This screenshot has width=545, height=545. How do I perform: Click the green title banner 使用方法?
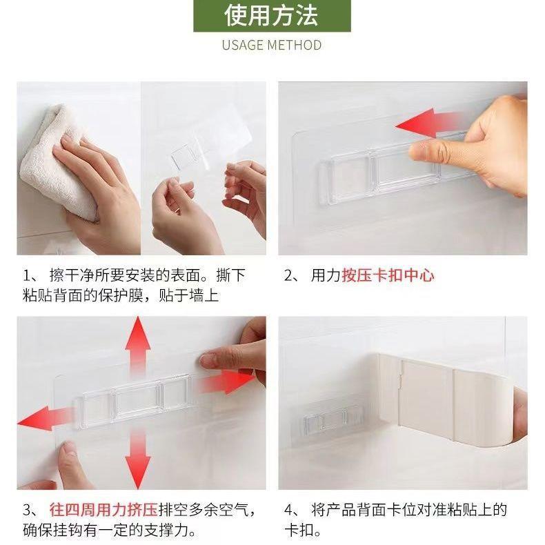coord(272,16)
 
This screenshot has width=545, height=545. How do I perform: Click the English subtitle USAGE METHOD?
coord(272,45)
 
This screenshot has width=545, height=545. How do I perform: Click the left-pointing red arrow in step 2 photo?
coord(429,123)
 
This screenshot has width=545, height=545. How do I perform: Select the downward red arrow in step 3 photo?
coord(138,459)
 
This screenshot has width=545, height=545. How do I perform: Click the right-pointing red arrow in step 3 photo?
coord(226,381)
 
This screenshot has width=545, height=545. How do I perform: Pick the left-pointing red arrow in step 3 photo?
coord(45,418)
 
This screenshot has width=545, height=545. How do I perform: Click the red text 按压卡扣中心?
coord(388,275)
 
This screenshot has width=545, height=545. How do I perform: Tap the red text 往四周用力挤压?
coord(103,511)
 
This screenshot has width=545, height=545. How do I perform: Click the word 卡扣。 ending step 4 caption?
coord(302,531)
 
